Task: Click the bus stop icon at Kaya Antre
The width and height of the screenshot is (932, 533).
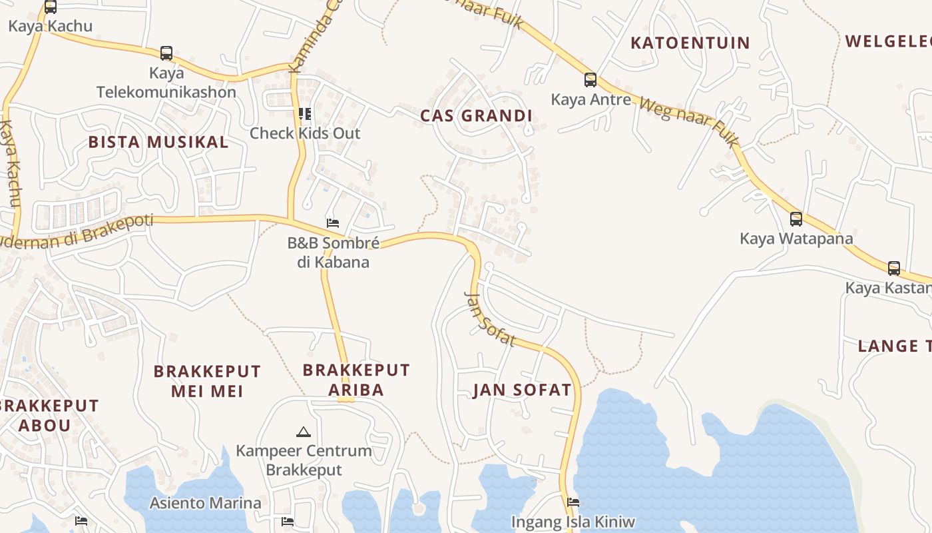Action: pyautogui.click(x=590, y=80)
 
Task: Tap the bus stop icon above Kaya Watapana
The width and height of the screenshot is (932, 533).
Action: pyautogui.click(x=796, y=219)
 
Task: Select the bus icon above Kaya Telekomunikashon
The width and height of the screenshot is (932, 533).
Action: pyautogui.click(x=166, y=53)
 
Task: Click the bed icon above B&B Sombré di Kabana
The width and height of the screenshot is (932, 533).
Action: pyautogui.click(x=333, y=223)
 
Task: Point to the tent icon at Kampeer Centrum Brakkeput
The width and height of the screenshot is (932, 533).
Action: pyautogui.click(x=304, y=432)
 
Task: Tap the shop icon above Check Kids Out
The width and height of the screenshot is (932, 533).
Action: pyautogui.click(x=305, y=114)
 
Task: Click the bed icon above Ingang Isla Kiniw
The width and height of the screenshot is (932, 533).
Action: pyautogui.click(x=573, y=502)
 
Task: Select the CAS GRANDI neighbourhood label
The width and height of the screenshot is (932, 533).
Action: pyautogui.click(x=476, y=116)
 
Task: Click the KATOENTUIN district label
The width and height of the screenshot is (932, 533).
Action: pyautogui.click(x=690, y=43)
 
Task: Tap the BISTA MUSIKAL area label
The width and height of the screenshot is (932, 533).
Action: pyautogui.click(x=158, y=142)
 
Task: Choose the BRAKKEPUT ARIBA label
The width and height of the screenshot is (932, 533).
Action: pyautogui.click(x=356, y=380)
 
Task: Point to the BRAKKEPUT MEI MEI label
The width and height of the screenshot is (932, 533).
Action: pyautogui.click(x=207, y=381)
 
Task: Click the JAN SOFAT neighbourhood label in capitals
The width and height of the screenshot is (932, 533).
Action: pyautogui.click(x=522, y=390)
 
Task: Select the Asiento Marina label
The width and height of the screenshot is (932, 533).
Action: pyautogui.click(x=205, y=503)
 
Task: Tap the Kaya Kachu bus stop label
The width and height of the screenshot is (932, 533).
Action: pyautogui.click(x=50, y=27)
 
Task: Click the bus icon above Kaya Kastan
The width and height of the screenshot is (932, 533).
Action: pyautogui.click(x=894, y=268)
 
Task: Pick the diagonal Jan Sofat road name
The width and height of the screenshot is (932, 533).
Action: pyautogui.click(x=490, y=319)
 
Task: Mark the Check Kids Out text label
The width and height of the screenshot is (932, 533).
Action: pyautogui.click(x=305, y=133)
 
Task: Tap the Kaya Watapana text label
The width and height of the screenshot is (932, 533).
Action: pyautogui.click(x=796, y=239)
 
